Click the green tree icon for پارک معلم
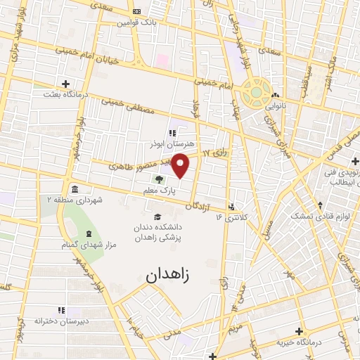click(x=159, y=179)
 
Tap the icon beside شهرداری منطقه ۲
click(x=75, y=189)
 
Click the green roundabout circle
click(x=256, y=91)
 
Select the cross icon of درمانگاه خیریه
click(x=299, y=331)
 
